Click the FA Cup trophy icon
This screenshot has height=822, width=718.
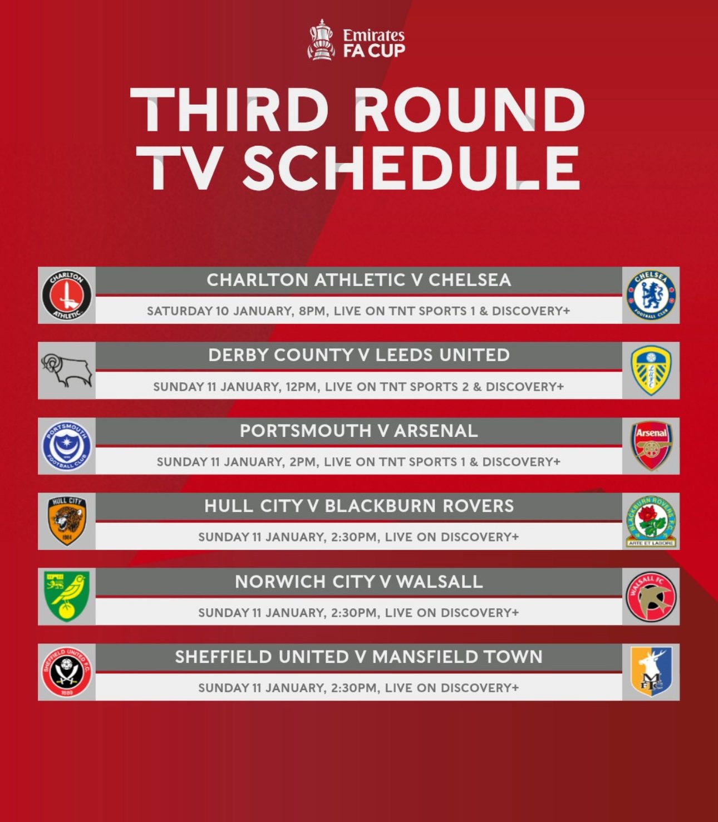click(x=321, y=40)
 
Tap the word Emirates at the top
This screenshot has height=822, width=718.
click(x=373, y=36)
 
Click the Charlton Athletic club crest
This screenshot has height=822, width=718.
click(x=67, y=296)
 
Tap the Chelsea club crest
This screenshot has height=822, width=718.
click(x=651, y=296)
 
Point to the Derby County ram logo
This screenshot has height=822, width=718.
click(x=67, y=371)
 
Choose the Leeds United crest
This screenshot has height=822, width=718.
click(x=651, y=371)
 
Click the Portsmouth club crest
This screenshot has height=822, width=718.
click(x=67, y=446)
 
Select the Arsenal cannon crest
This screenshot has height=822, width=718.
click(x=651, y=446)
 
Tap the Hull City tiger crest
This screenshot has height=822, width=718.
click(x=67, y=521)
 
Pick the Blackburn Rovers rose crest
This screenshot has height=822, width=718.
click(x=651, y=521)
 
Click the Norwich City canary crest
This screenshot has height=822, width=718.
click(x=67, y=597)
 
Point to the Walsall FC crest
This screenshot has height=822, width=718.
click(x=651, y=597)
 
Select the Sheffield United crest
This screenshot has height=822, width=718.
click(x=67, y=672)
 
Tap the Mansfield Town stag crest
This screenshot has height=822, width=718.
click(x=651, y=672)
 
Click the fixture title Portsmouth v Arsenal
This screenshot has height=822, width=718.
click(x=359, y=431)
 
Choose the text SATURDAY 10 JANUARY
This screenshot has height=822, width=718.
click(x=219, y=311)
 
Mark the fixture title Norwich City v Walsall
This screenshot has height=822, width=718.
click(x=359, y=582)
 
